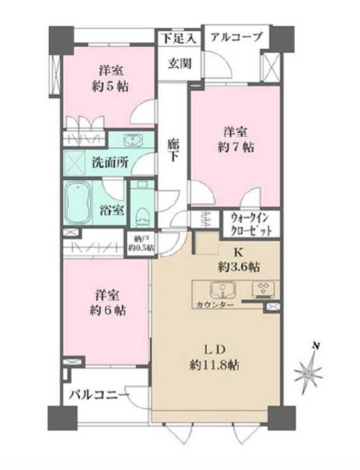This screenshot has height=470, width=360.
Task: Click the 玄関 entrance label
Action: (180, 63)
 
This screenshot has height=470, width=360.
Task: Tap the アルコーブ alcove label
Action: (236, 37)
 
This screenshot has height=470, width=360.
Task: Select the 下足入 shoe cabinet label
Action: (180, 38)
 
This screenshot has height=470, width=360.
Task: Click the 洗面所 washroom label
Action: (110, 162)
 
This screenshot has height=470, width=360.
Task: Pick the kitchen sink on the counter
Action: (222, 291)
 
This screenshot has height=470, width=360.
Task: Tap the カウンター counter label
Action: (215, 305)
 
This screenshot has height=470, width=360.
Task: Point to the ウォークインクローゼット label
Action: (251, 224)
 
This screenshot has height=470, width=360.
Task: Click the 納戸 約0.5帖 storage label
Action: (141, 243)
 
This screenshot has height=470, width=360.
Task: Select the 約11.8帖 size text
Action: (214, 365)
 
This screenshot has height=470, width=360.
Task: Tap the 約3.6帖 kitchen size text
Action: (239, 267)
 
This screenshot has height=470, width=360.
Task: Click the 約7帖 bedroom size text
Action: (235, 147)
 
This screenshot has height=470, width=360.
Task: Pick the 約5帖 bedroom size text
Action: (110, 87)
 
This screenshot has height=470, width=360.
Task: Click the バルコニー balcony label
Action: (100, 395)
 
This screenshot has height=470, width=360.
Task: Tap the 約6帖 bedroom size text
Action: (107, 311)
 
